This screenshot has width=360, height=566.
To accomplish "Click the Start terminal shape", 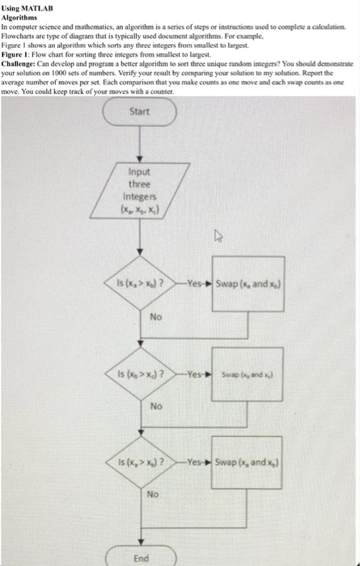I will (139, 112).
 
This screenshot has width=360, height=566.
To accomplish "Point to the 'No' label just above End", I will (152, 493).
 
